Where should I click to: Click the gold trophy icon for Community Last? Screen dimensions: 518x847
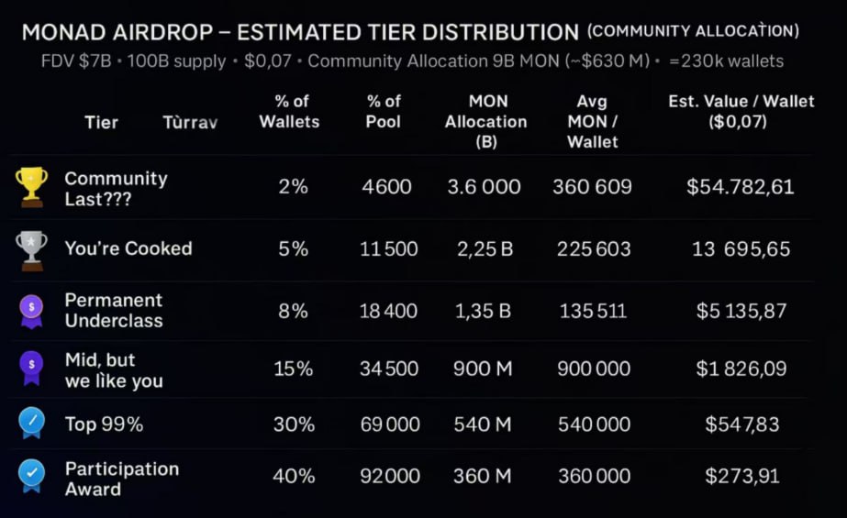click(x=31, y=186)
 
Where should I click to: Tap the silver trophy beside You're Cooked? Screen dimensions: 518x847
click(x=31, y=248)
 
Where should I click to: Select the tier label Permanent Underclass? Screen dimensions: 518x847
click(x=114, y=310)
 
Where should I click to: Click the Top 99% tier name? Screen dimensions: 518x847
click(x=104, y=424)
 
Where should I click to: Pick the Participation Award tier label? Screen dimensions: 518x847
click(x=121, y=479)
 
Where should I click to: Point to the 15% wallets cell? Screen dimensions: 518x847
click(x=294, y=369)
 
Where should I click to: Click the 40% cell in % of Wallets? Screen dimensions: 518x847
click(x=294, y=476)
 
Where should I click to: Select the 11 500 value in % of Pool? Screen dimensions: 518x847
click(x=389, y=248)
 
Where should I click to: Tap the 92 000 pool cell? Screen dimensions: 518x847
click(x=390, y=476)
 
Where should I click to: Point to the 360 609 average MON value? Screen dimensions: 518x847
click(x=593, y=187)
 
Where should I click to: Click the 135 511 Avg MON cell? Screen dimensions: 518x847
click(x=593, y=311)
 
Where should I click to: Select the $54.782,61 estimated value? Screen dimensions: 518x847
click(x=740, y=187)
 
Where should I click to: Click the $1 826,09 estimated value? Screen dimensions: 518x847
click(x=740, y=369)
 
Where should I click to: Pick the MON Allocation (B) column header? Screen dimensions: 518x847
click(x=485, y=121)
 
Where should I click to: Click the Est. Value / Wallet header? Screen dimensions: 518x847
click(x=741, y=111)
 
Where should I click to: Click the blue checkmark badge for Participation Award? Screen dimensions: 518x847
click(x=31, y=475)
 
